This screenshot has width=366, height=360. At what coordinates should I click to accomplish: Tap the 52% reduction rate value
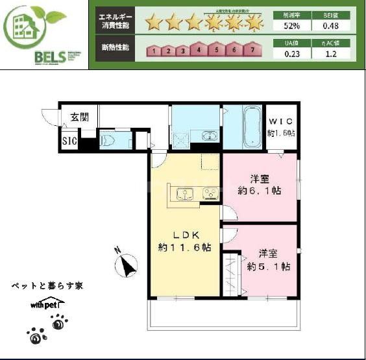click(x=291, y=26)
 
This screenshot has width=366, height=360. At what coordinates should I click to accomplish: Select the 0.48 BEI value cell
click(x=330, y=26)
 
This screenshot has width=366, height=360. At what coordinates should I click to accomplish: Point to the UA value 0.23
click(x=291, y=54)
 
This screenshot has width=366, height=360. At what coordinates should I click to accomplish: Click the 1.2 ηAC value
click(x=330, y=54)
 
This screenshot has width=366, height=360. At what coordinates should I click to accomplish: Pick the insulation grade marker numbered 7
click(x=251, y=49)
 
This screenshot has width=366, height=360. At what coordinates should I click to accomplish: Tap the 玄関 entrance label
click(x=80, y=117)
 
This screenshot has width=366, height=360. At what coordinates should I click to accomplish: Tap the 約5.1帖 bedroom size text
click(x=268, y=267)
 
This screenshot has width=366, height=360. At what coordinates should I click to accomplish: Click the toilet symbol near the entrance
click(x=108, y=139)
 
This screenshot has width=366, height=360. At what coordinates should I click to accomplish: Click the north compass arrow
click(x=127, y=264)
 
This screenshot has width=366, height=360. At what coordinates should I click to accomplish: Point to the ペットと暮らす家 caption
click(x=47, y=285)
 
